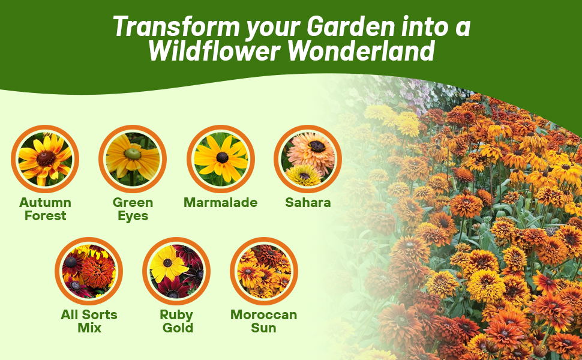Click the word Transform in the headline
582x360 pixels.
point(176,26)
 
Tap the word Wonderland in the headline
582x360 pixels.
point(361,51)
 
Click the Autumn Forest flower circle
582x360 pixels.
point(45,159)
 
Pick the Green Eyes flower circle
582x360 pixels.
point(133,159)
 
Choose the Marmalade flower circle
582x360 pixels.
point(220,159)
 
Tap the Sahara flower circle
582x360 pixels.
point(308,159)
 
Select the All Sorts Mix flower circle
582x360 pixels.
point(89,271)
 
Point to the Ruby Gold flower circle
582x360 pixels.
point(176,271)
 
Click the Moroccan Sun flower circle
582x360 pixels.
point(264,271)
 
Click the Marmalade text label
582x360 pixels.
point(220,203)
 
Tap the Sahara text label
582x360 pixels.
point(308,203)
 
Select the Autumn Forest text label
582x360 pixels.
point(45,209)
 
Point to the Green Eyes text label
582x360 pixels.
point(133,209)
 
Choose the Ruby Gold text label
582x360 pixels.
point(176,322)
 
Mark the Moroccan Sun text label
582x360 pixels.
point(264,322)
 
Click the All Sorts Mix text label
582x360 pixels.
point(89,322)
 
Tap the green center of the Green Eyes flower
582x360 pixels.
point(133,154)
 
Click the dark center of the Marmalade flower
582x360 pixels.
point(223,157)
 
